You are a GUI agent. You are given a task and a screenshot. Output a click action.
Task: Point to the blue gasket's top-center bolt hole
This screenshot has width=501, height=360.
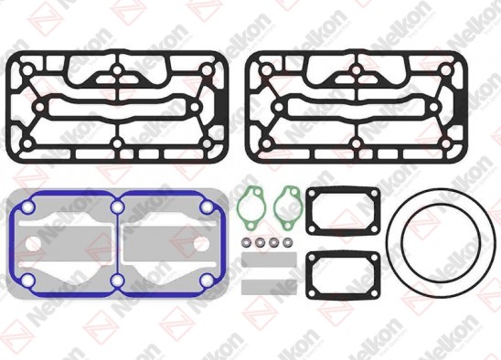click(118, 209)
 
